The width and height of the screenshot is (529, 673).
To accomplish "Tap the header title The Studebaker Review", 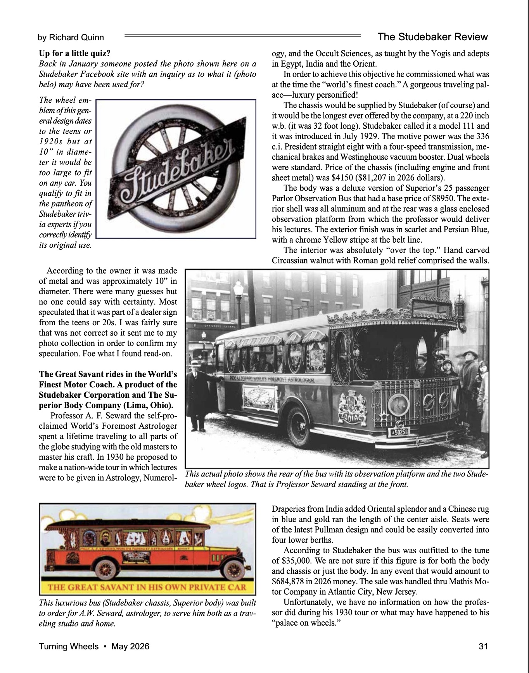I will coord(432,37).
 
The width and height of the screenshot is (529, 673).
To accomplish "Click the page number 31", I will coord(483,646).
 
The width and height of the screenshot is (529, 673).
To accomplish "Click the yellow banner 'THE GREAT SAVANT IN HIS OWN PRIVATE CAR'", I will coord(147,587).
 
